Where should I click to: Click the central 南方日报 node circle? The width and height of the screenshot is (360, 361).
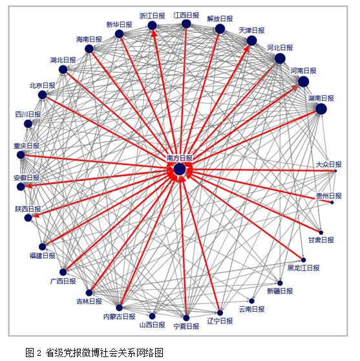pos(180,170)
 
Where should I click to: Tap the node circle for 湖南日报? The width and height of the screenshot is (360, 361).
pos(321,109)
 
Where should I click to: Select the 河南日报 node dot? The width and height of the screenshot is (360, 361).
pos(303,82)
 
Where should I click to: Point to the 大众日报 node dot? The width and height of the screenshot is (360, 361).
pos(335,171)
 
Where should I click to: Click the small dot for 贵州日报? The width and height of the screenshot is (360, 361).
pos(332,202)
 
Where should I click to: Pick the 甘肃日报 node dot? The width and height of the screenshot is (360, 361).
pos(321,232)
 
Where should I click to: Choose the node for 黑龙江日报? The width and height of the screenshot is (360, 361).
pos(303,260)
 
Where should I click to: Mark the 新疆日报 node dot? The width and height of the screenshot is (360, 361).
pos(280,283)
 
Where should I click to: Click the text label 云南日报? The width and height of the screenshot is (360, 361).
pos(251,309)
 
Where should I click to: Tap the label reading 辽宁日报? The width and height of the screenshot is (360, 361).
pos(220,321)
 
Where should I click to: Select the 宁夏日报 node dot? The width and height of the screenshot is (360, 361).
pos(186,318)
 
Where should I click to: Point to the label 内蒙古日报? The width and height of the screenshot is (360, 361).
pos(119,316)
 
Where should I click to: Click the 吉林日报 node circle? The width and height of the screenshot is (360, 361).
pos(89,293)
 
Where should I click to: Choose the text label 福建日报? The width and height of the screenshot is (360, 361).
pos(42,256)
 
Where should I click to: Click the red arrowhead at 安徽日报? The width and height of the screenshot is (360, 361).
pos(28,186)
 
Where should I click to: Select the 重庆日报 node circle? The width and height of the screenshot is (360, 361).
pos(21,155)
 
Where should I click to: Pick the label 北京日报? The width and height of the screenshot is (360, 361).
pos(42,85)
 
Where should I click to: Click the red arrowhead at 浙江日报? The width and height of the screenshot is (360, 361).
pos(153,34)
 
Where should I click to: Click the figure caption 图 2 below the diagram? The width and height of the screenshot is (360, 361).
pos(33,352)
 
